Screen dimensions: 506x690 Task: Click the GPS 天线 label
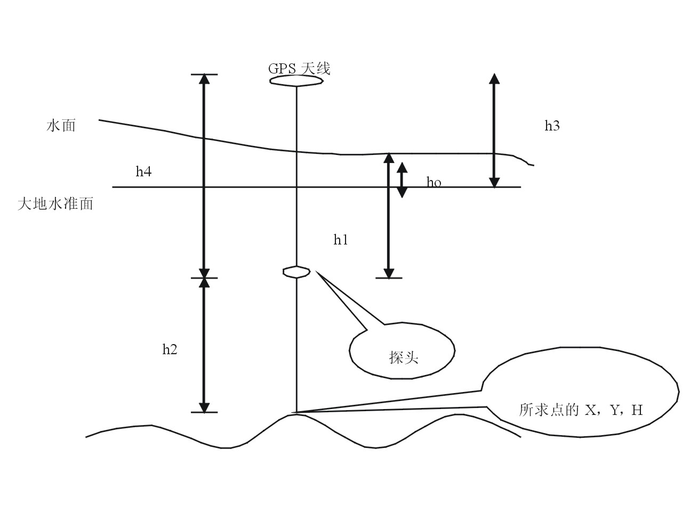[299, 69]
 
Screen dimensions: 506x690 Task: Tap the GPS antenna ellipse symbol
[296, 81]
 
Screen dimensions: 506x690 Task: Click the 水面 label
[61, 126]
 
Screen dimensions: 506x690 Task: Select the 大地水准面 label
[55, 203]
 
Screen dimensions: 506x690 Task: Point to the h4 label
[143, 172]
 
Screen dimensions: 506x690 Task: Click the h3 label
[552, 126]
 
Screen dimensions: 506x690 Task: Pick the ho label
[434, 183]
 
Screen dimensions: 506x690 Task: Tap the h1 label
[341, 240]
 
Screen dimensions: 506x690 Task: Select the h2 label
[170, 349]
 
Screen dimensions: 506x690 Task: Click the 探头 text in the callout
[403, 357]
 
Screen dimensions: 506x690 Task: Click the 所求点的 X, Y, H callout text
[581, 410]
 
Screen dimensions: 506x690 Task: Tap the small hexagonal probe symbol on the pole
[296, 272]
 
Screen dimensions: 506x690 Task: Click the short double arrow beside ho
[402, 179]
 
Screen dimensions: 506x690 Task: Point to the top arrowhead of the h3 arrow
[494, 78]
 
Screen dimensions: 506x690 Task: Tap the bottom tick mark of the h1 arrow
[389, 278]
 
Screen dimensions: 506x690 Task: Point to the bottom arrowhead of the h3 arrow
[494, 182]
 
